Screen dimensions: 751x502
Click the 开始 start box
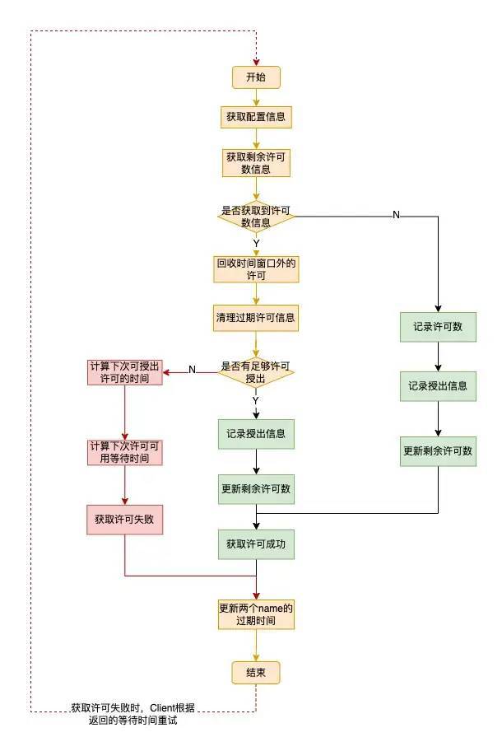(256, 77)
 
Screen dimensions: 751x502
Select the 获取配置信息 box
(256, 117)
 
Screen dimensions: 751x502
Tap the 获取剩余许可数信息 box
(256, 162)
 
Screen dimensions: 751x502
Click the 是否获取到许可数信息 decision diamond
(256, 216)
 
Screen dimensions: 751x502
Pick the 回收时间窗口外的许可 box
(256, 269)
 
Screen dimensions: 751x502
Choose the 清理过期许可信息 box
(256, 317)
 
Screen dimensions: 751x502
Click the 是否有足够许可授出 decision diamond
(256, 372)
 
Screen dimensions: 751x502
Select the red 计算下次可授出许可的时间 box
(124, 372)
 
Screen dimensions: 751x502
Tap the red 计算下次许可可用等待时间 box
(124, 451)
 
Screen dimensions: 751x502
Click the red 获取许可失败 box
(124, 520)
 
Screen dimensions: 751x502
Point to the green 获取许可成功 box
(256, 544)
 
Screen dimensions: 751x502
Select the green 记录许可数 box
(438, 326)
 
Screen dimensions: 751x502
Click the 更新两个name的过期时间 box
(256, 614)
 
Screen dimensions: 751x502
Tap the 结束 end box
(256, 673)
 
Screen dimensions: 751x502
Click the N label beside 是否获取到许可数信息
(396, 215)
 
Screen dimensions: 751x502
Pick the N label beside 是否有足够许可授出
(192, 370)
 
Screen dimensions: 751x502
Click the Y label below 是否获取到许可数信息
(256, 244)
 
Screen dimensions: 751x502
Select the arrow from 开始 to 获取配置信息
(256, 97)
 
